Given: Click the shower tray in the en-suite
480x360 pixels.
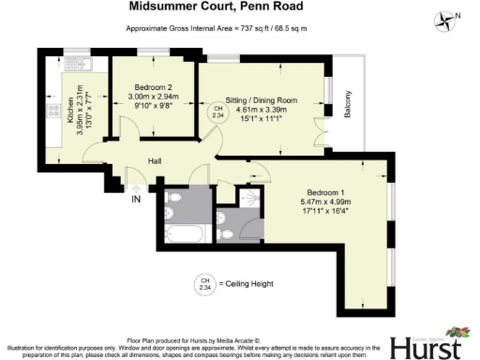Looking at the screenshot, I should (248, 200).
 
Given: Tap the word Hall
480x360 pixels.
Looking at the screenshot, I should (158, 161).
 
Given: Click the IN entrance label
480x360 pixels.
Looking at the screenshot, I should (137, 199).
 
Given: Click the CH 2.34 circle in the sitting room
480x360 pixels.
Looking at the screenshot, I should (217, 114).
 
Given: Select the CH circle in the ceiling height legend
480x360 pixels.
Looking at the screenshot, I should (202, 283).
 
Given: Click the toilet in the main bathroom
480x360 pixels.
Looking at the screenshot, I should (225, 229).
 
